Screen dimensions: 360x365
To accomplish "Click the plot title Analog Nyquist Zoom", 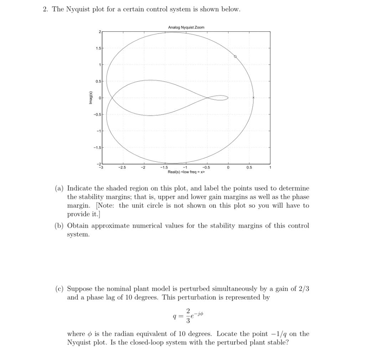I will pyautogui.click(x=186, y=27).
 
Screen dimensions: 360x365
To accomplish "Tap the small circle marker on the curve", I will pyautogui.click(x=235, y=57).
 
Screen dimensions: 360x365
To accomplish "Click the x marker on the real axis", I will pyautogui.click(x=253, y=98).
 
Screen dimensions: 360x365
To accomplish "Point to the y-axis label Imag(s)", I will pyautogui.click(x=91, y=98).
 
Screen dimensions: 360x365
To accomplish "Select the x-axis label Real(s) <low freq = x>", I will pyautogui.click(x=186, y=172).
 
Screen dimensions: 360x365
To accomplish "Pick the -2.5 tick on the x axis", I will pyautogui.click(x=122, y=167).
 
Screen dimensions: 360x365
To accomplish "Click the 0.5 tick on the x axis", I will pyautogui.click(x=249, y=167).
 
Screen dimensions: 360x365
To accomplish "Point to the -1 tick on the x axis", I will pyautogui.click(x=185, y=167).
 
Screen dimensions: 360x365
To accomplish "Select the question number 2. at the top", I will pyautogui.click(x=45, y=9).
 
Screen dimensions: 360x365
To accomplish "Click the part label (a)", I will pyautogui.click(x=59, y=188).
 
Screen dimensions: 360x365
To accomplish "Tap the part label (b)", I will pyautogui.click(x=59, y=226).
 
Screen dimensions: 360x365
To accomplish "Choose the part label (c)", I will pyautogui.click(x=59, y=289).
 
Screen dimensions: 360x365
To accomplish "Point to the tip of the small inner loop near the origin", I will pyautogui.click(x=228, y=98).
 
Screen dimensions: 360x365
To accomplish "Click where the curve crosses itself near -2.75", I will pyautogui.click(x=112, y=98).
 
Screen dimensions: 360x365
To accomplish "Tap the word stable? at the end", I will pyautogui.click(x=278, y=343).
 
